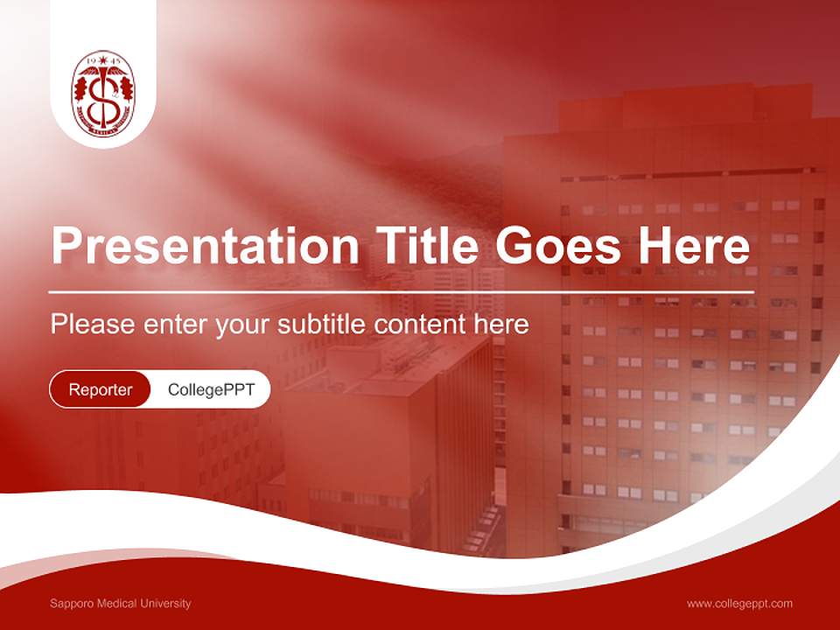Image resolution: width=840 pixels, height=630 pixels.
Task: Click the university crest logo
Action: (x=103, y=94)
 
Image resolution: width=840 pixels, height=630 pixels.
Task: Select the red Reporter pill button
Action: (x=101, y=389)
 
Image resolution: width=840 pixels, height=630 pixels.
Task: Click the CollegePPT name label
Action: (x=211, y=389)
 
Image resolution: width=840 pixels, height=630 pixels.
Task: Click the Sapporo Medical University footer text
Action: (x=120, y=604)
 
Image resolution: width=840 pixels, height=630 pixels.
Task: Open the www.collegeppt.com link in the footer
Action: (x=739, y=604)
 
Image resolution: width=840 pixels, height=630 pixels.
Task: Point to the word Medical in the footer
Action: (x=113, y=604)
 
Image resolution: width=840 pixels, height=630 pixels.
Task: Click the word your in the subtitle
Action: (x=242, y=325)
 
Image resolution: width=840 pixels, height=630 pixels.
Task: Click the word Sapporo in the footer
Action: (x=69, y=604)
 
